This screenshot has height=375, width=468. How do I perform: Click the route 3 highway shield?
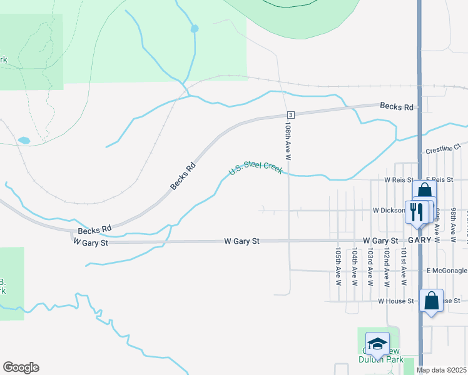[290, 115]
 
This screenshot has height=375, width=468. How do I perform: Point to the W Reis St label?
[400, 180]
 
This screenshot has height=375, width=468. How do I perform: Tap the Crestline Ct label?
[442, 150]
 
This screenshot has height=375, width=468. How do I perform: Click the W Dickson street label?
[388, 211]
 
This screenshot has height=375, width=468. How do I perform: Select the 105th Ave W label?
[338, 266]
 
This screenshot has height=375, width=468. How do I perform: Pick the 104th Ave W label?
[354, 266]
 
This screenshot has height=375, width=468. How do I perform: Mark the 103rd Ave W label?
[370, 266]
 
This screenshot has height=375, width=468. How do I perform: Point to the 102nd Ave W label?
[387, 266]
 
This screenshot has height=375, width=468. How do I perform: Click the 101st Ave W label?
[404, 266]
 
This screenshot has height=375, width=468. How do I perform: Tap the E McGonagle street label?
[447, 271]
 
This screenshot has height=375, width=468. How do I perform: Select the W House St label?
[396, 301]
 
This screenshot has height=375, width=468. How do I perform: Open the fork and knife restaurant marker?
[415, 211]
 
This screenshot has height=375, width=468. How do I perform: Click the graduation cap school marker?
[377, 343]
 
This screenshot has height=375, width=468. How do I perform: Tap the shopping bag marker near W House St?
[432, 301]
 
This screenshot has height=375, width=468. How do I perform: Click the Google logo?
[21, 367]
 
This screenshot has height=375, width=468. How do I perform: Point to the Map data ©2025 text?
[442, 370]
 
